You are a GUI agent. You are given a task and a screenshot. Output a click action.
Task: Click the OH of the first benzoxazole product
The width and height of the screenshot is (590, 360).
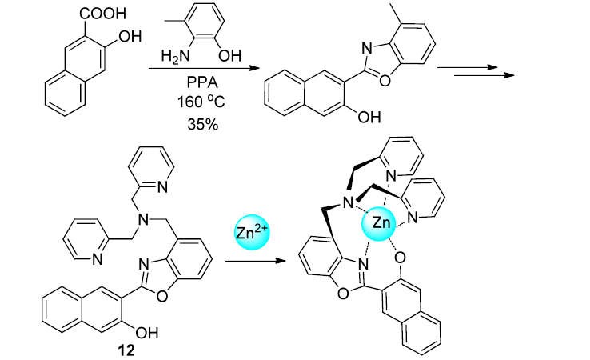click(367, 118)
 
